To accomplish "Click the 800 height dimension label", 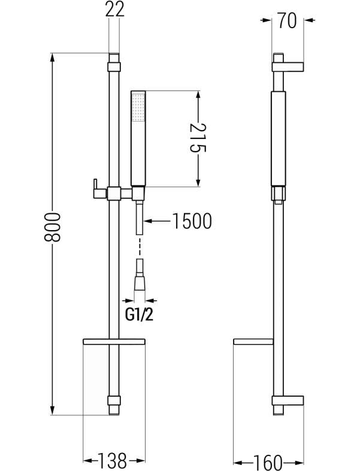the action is point(52,227).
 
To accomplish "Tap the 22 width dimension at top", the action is point(114,10).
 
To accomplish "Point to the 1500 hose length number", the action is point(192,221).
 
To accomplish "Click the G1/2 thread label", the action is point(139,315).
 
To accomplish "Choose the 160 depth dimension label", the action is point(268,462).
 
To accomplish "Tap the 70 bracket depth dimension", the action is point(288,20).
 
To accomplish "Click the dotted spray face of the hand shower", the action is point(138,107).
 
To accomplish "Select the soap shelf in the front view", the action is point(114,341).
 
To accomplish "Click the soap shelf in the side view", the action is point(253,341).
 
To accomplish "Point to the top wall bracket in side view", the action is point(288,67).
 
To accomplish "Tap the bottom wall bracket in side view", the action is point(288,401).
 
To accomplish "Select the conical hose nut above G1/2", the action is point(140,283).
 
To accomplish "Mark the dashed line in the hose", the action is point(140,246).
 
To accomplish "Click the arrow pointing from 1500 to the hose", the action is point(158,221).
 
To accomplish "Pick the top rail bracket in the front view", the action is point(114,67).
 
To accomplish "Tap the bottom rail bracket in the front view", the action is point(114,401).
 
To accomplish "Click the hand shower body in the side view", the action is point(279,139).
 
